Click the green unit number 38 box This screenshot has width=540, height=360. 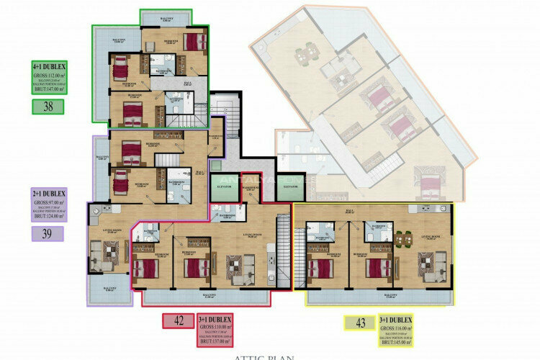tap(48, 107)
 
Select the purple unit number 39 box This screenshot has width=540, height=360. tap(48, 233)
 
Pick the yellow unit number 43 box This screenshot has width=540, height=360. tap(359, 323)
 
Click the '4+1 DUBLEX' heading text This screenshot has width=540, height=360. tap(49, 66)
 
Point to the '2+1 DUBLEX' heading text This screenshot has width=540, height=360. tap(49, 194)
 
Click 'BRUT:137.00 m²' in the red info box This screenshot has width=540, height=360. tap(215, 341)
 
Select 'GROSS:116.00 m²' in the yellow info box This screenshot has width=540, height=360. tap(397, 328)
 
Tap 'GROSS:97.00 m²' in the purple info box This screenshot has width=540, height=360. tap(49, 203)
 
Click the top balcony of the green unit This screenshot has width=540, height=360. tap(166, 19)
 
